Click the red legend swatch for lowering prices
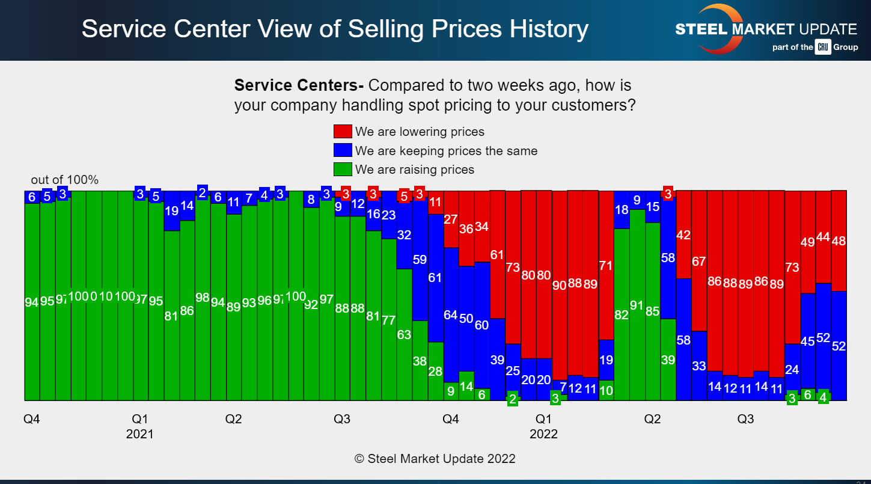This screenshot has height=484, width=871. [342, 132]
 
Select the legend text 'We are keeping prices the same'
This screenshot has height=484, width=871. [446, 151]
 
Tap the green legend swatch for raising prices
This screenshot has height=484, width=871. [342, 170]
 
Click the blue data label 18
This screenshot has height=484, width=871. [622, 210]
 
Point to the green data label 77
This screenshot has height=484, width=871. [388, 319]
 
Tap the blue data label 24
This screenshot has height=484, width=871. [792, 370]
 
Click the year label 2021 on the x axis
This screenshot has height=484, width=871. [139, 434]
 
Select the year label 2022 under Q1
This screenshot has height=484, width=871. [543, 434]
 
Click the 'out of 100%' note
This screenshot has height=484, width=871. [65, 180]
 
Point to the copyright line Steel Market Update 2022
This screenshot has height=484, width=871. [435, 459]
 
